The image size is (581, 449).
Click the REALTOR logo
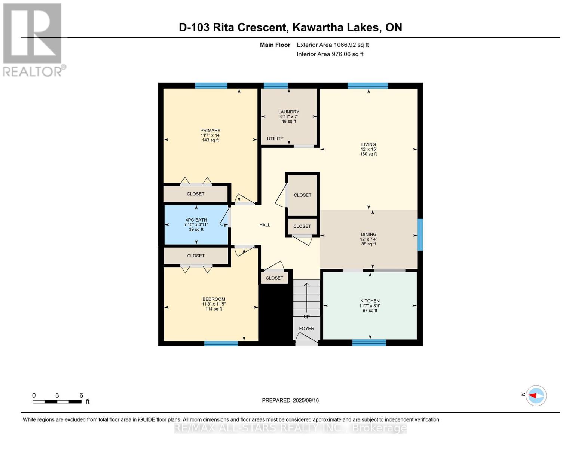(33, 40)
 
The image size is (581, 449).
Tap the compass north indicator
(536, 395)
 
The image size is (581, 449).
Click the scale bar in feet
(57, 402)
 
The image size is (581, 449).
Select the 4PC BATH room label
(196, 220)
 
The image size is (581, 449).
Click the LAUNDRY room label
(288, 112)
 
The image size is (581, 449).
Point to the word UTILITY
(275, 139)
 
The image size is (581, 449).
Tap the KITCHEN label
(370, 301)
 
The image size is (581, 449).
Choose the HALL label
(264, 225)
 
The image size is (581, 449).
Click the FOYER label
(306, 329)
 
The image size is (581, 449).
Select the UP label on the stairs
(306, 317)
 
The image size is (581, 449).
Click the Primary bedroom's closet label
(196, 194)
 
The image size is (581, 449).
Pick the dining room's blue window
(420, 235)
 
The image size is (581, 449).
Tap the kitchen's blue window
(369, 342)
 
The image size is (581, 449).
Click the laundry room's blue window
(276, 86)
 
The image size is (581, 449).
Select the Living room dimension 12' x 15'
(368, 149)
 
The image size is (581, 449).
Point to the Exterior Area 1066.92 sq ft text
(333, 45)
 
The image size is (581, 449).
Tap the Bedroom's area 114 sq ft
(214, 309)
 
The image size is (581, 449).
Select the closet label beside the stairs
(274, 278)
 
